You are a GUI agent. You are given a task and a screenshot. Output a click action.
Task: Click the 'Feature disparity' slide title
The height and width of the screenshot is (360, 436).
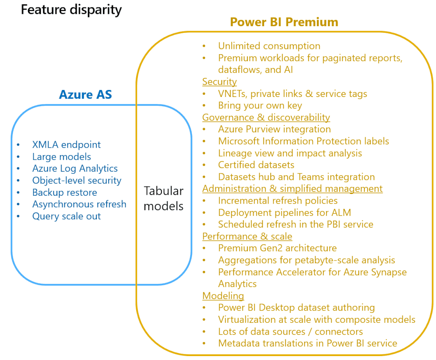click(x=71, y=10)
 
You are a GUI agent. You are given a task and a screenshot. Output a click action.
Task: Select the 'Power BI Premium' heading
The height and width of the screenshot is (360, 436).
click(x=284, y=22)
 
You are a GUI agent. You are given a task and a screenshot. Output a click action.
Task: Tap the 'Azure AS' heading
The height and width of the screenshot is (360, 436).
click(x=86, y=94)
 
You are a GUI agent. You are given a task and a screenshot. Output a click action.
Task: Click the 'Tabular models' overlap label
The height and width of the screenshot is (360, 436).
click(x=164, y=198)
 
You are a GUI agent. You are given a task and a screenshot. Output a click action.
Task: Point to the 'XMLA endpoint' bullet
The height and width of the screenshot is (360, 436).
click(x=66, y=145)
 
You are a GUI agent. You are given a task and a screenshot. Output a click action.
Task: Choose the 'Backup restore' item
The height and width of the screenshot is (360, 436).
click(x=65, y=192)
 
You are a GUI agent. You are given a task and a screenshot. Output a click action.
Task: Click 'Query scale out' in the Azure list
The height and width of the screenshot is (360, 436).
click(x=66, y=216)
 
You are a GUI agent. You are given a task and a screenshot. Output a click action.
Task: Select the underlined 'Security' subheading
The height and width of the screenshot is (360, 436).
click(x=220, y=82)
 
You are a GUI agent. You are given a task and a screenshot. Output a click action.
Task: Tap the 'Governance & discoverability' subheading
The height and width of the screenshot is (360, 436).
click(x=266, y=118)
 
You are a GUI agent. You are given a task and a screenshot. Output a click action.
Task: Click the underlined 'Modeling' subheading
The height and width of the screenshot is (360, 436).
click(x=223, y=296)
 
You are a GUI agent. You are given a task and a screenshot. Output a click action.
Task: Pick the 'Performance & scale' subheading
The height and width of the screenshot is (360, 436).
click(x=247, y=236)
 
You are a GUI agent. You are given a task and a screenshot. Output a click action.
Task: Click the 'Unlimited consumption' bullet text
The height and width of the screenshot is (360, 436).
click(x=269, y=46)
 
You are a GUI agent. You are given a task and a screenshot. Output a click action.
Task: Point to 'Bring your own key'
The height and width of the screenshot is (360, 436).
click(x=260, y=106)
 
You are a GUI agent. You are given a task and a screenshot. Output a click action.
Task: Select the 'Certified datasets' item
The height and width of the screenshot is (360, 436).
click(x=256, y=165)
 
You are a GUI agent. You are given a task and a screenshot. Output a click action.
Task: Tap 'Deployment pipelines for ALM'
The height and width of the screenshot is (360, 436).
click(x=285, y=213)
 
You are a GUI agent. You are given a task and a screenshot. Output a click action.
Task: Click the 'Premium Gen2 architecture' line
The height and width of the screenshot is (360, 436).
click(x=277, y=248)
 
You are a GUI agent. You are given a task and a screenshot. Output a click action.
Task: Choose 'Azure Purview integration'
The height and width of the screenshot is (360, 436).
click(x=275, y=129)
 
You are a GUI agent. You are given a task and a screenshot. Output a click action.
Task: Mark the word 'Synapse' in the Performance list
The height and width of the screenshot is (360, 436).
click(x=389, y=272)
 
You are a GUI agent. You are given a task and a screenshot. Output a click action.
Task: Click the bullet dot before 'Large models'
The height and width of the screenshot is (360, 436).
click(x=18, y=157)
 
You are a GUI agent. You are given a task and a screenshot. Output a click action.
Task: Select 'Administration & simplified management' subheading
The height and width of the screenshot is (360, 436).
click(x=292, y=189)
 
